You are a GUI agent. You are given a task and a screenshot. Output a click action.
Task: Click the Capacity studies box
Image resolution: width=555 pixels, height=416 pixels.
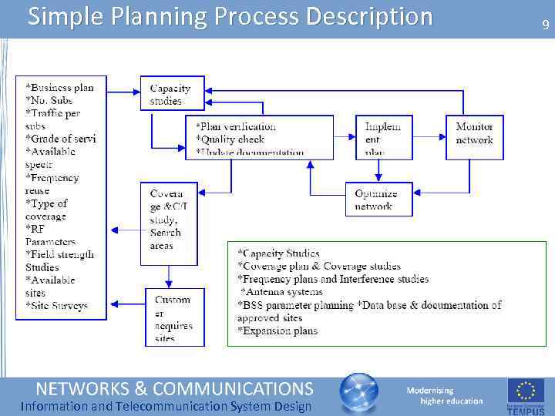[171, 94]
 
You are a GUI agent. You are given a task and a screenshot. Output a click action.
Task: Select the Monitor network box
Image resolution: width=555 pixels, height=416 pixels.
[474, 137]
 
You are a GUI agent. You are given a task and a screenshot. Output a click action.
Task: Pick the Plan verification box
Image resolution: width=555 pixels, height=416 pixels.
[259, 137]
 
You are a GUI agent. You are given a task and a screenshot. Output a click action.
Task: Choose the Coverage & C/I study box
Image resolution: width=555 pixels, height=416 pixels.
[168, 223]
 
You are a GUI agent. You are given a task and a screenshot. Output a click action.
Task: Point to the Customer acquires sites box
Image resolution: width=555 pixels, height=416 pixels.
[174, 317]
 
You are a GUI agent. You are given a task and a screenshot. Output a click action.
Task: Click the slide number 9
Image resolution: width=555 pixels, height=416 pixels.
[546, 25]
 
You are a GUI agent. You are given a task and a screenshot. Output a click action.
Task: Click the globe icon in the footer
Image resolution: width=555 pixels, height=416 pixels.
[359, 393]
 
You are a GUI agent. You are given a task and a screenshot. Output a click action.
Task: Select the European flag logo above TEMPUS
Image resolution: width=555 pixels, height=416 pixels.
[526, 391]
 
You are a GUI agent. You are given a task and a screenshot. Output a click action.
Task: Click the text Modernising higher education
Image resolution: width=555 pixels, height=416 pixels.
[444, 396]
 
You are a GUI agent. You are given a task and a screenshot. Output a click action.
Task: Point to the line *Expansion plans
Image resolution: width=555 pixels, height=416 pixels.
[277, 331]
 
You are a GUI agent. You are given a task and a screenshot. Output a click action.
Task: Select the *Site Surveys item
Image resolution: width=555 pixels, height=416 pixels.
[57, 306]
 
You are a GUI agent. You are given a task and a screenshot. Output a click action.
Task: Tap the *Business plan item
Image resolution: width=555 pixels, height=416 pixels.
[59, 88]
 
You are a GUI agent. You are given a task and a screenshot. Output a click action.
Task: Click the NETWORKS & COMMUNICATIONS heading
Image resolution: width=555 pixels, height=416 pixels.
[175, 387]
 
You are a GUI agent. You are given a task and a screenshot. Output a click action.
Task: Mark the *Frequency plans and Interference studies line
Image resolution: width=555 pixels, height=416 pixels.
[333, 279]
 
